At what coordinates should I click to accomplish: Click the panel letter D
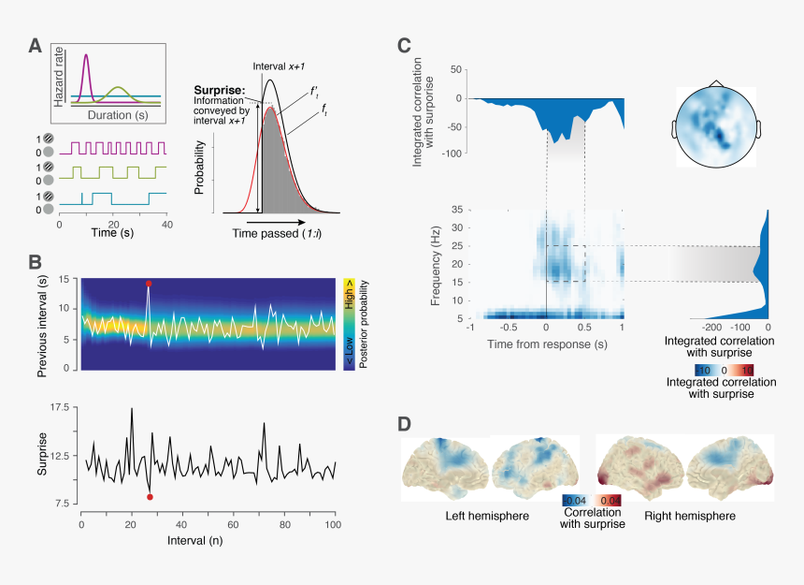click(x=404, y=424)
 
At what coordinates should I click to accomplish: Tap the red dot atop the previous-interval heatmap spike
click(x=149, y=283)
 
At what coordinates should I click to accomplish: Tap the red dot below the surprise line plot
click(x=150, y=497)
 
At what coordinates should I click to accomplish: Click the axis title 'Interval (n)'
click(x=208, y=540)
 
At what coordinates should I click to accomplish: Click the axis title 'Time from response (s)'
click(x=546, y=345)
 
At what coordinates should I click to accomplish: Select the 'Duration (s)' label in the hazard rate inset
click(x=117, y=114)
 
